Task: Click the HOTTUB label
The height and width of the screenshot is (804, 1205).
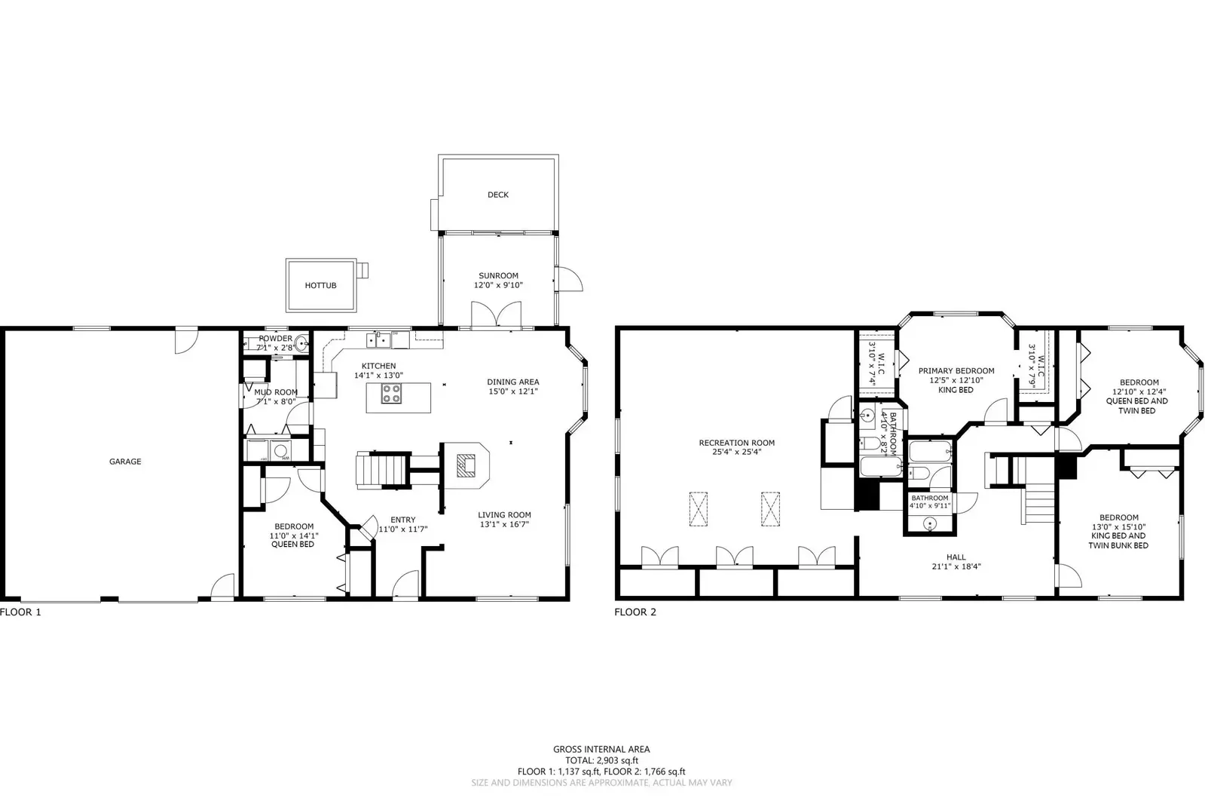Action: coord(320,286)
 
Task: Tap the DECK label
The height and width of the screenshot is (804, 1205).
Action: coord(497,195)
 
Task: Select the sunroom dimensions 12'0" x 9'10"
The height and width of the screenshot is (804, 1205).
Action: coord(498,285)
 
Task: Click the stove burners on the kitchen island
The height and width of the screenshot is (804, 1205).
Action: coord(391,394)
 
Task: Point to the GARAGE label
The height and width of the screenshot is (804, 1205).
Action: coord(125,462)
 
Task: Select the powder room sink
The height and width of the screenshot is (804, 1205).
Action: coord(301,344)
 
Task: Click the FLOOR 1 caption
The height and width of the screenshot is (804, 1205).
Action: coord(21,612)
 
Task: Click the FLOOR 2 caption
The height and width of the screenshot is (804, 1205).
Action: coord(635,612)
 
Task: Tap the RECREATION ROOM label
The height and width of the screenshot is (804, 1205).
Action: coord(736,443)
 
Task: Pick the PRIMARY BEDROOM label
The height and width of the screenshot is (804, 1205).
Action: coord(956,371)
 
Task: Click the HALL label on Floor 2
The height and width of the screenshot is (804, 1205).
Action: coord(956,557)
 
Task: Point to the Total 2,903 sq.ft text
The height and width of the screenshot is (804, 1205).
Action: coord(601,760)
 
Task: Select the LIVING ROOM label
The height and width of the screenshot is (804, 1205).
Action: coord(504,515)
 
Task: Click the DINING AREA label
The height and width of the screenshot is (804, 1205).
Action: coord(512,382)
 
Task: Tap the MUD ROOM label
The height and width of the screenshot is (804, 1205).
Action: coord(275,392)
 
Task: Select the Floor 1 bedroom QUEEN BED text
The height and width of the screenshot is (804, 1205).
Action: coord(293,545)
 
